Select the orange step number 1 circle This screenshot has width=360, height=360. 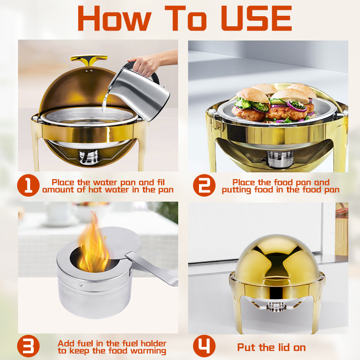point(28,185)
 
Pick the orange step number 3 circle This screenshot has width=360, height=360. point(28,346)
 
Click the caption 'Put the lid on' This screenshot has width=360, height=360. point(271,347)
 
